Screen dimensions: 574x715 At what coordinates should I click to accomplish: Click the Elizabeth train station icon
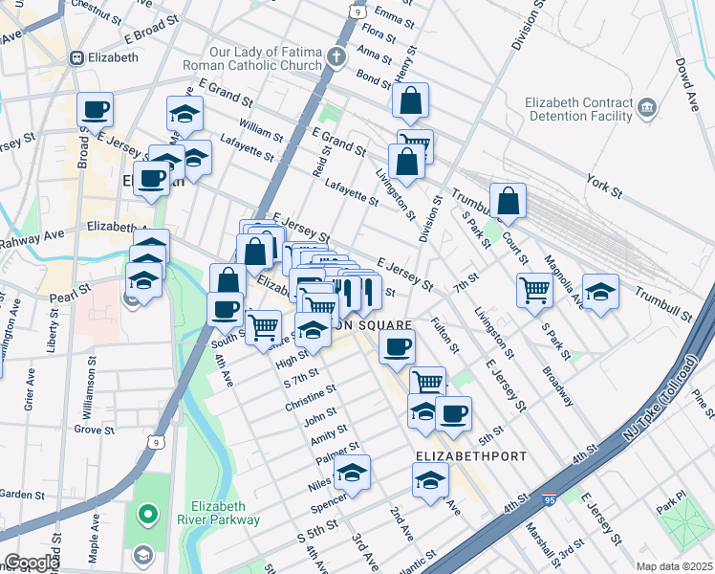pos(76,56)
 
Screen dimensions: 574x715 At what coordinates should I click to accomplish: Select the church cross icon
pos(336,56)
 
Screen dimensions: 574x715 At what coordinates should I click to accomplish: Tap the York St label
pos(604,186)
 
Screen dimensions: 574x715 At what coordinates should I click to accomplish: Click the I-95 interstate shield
pos(549,499)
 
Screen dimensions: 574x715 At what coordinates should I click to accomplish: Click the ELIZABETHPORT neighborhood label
pos(471,456)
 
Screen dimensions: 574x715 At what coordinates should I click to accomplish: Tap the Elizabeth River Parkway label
pos(226,513)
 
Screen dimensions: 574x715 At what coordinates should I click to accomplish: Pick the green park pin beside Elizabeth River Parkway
pos(147,516)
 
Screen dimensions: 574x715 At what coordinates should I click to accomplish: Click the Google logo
pos(32,562)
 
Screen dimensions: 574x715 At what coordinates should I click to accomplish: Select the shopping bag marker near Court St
pos(509,202)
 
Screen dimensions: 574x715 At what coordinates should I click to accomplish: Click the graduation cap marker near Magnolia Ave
pos(600,291)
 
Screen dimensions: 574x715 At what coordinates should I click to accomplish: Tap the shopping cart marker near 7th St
pos(534,290)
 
